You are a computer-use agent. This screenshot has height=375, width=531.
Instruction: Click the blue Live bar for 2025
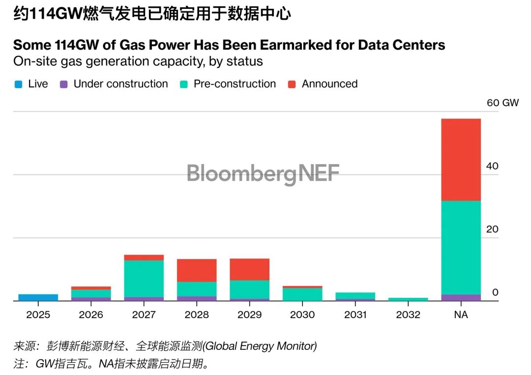[38, 297]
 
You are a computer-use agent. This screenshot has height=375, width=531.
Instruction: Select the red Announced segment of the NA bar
[461, 160]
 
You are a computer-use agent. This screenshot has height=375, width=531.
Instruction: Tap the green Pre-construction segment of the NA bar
[461, 247]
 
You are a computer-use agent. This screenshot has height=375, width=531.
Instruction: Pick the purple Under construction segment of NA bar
[461, 297]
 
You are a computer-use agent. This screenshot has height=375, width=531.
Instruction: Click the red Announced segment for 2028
[197, 270]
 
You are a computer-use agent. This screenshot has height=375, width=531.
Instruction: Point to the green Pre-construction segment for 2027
[144, 278]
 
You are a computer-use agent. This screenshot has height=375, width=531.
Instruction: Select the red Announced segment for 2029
[249, 269]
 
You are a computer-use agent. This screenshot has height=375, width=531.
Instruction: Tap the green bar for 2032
[408, 299]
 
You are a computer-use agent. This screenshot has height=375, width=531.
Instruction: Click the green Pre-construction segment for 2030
[302, 294]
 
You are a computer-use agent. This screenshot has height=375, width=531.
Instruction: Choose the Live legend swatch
[18, 85]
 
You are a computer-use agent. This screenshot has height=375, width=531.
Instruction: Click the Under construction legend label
[120, 84]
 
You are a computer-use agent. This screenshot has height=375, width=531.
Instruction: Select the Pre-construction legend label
[235, 84]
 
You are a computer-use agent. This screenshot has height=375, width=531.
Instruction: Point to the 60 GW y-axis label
[502, 103]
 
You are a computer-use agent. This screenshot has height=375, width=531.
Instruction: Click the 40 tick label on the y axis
[492, 166]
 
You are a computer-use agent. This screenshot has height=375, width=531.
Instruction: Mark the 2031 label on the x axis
[355, 315]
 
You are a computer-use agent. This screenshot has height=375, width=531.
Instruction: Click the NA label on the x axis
[461, 315]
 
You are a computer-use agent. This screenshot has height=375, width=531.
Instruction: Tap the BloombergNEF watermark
[263, 173]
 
